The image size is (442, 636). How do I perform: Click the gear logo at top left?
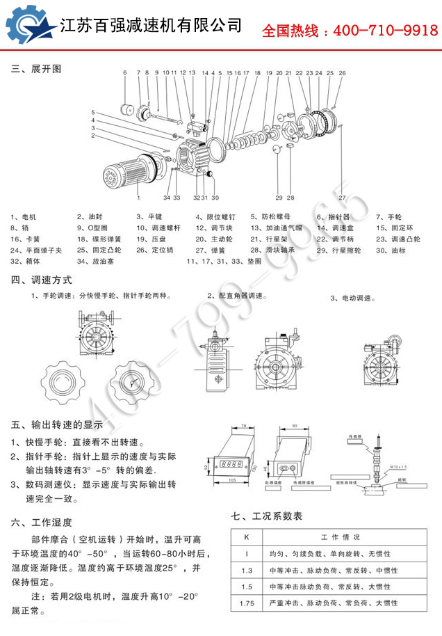tap(29, 26)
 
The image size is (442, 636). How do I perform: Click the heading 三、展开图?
tap(36, 69)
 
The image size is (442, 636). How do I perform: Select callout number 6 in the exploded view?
tap(125, 72)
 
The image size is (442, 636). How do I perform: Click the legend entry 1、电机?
tap(24, 216)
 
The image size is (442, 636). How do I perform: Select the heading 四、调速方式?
tap(42, 280)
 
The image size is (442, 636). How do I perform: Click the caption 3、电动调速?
tap(352, 298)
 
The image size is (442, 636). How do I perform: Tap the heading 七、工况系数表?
tap(267, 517)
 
